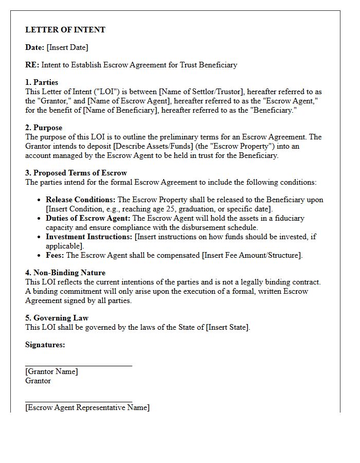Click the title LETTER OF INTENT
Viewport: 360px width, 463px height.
[x=65, y=30]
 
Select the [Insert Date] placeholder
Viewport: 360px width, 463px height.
[x=67, y=47]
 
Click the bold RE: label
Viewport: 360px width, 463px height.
[x=32, y=65]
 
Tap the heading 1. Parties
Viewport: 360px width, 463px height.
[x=42, y=82]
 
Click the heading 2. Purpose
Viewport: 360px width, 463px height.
[x=44, y=128]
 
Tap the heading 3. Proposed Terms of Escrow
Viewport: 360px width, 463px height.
[x=76, y=173]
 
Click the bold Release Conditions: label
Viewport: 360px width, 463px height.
[x=81, y=200]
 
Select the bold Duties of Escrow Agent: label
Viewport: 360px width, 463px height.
[x=88, y=218]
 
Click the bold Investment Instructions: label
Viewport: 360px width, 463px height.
[x=89, y=237]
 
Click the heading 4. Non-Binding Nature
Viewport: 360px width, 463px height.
[x=65, y=273]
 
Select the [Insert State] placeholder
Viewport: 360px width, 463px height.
[x=228, y=327]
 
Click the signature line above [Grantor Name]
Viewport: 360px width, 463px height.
[x=78, y=366]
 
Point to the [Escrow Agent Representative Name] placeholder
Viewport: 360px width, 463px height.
[x=87, y=407]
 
